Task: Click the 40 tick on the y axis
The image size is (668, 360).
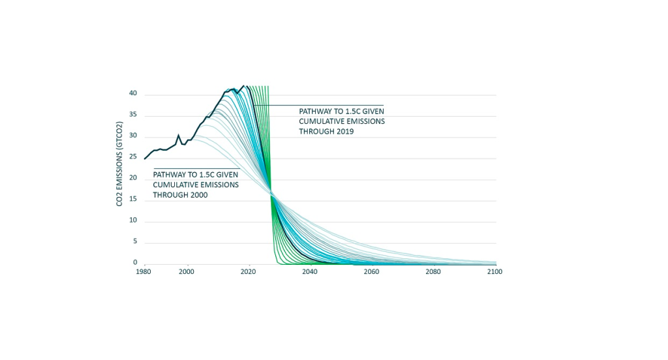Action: [132, 94]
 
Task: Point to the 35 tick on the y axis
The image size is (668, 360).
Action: [132, 115]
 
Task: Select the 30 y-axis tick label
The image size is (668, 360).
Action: [132, 136]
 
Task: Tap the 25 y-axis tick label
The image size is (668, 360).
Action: [132, 157]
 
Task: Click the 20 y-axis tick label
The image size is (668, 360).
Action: [132, 178]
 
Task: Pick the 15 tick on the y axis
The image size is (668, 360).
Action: [132, 200]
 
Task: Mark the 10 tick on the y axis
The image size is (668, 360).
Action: [132, 220]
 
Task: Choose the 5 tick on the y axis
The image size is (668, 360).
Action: [134, 242]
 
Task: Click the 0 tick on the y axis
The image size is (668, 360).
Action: [134, 262]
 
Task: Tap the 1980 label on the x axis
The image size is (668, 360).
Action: [144, 272]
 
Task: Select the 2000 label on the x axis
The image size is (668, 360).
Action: [187, 272]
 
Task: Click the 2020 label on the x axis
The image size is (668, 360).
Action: [248, 272]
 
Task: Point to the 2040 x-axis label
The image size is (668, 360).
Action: [309, 272]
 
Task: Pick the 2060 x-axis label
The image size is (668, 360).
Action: [371, 272]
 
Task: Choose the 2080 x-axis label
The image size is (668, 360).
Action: [433, 272]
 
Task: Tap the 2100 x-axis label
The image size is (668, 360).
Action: [494, 272]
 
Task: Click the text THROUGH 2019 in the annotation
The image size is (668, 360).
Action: [326, 132]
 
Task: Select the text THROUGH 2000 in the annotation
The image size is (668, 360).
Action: [180, 195]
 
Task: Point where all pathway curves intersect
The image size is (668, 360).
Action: [271, 193]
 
